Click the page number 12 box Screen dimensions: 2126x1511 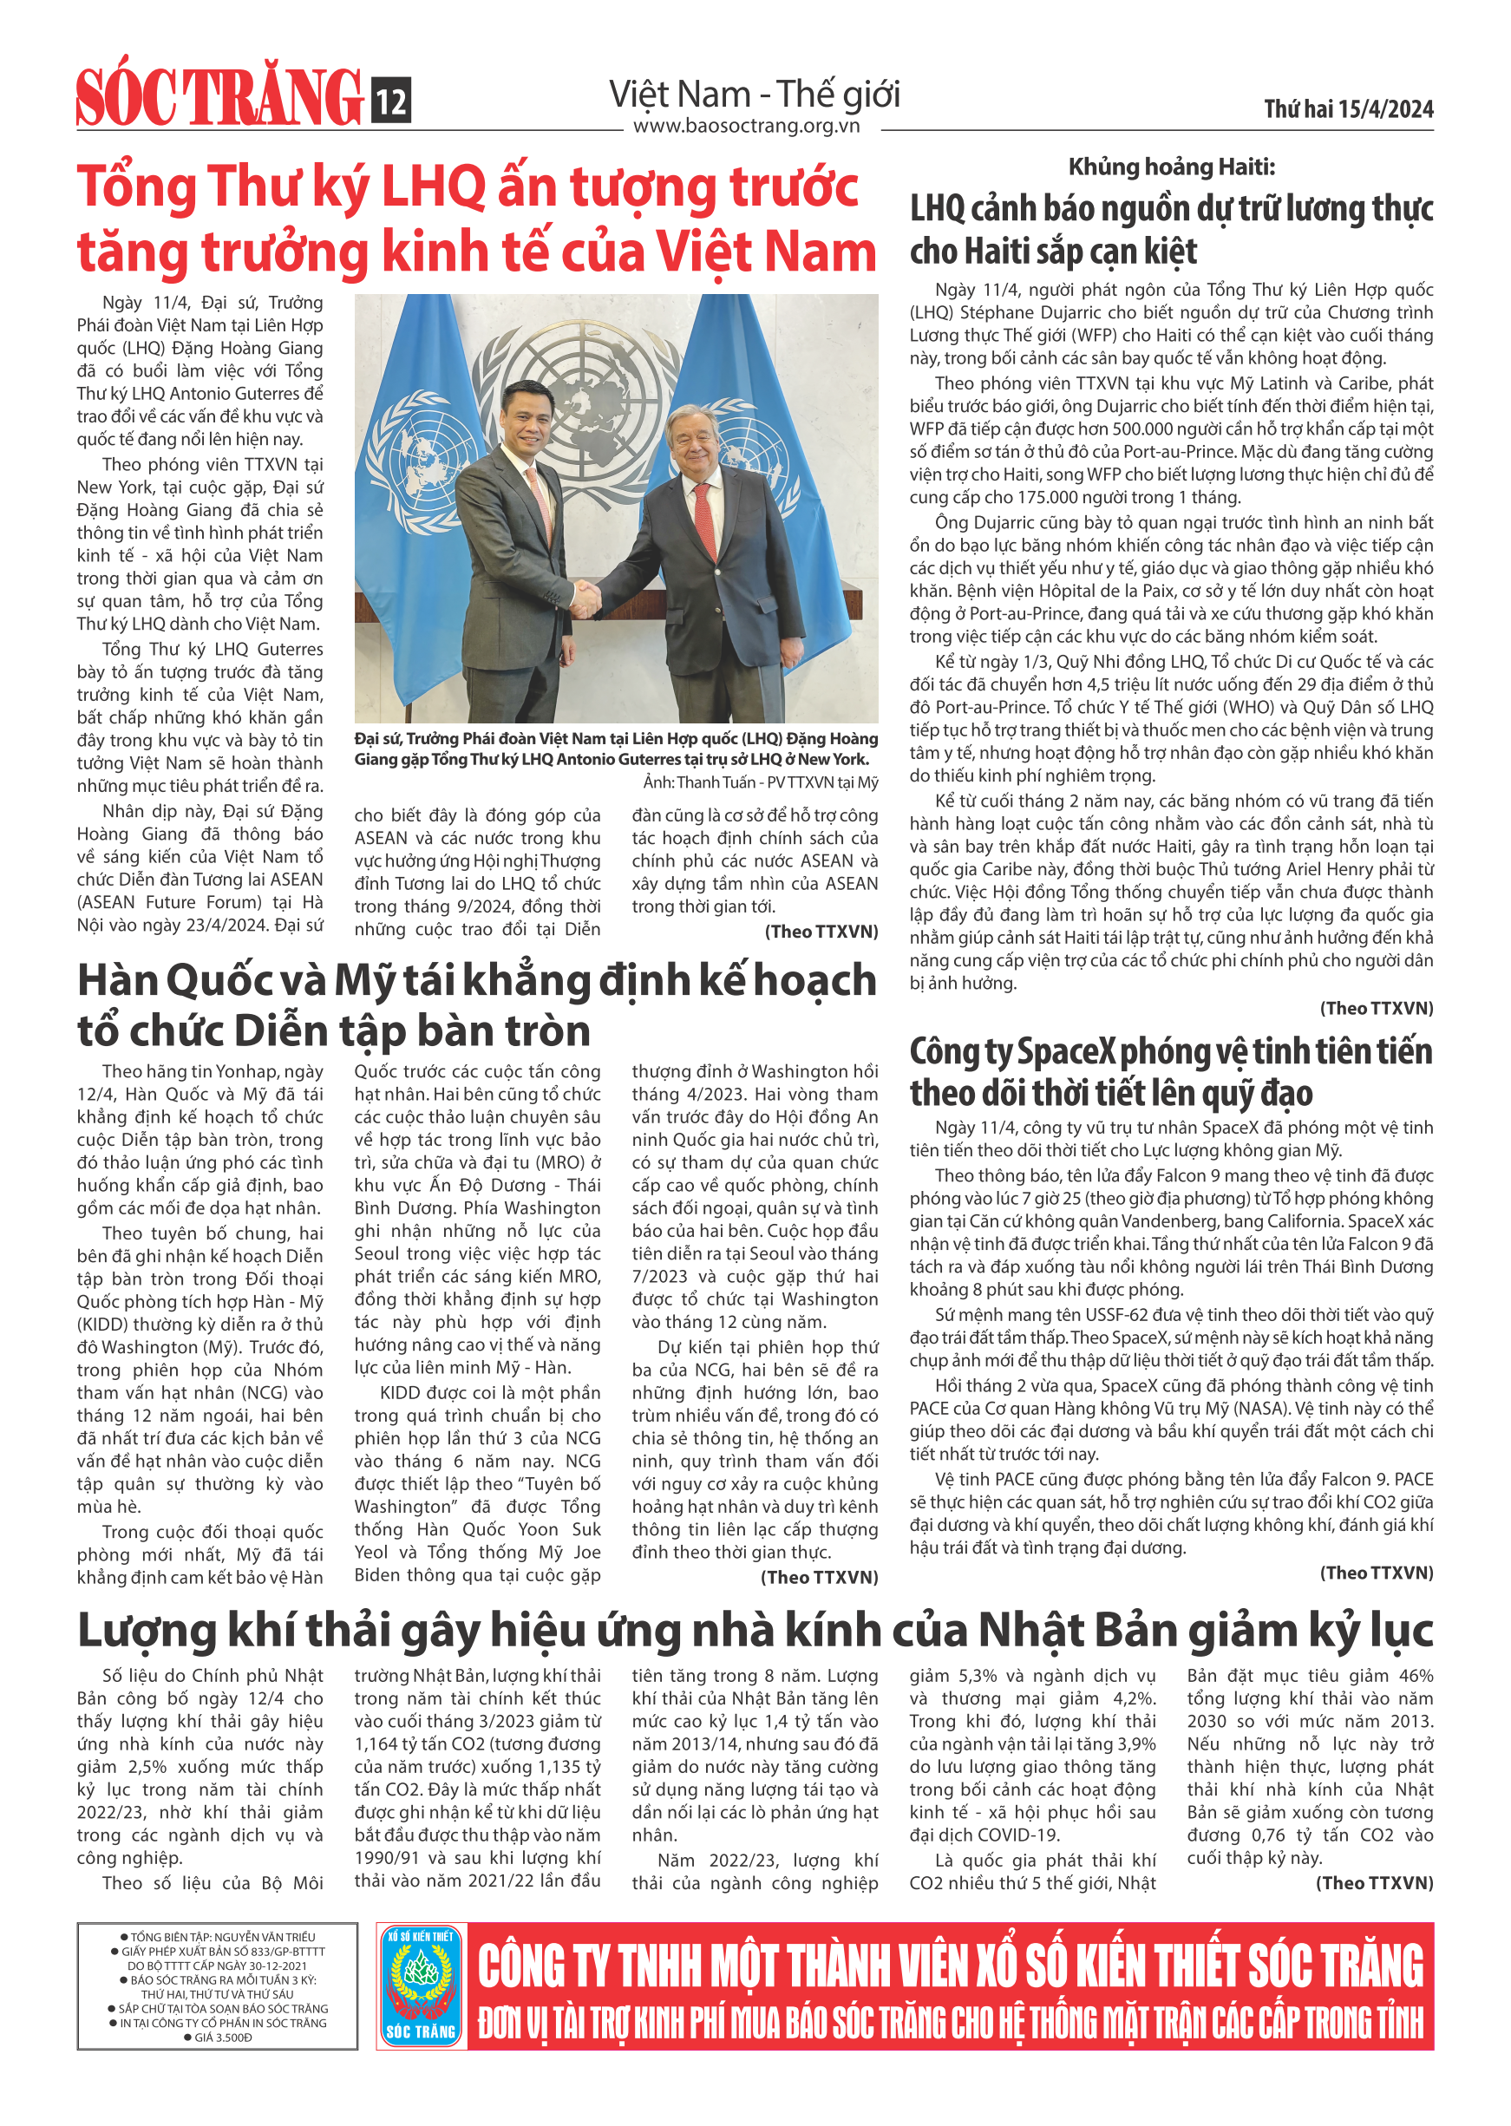point(391,101)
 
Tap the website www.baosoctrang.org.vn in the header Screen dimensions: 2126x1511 point(746,126)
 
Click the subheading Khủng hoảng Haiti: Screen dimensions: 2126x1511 point(1170,167)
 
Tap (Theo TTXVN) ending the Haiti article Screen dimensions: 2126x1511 point(1376,1009)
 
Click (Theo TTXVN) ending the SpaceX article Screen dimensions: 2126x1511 point(1376,1573)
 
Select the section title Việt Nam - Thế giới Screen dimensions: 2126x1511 point(754,95)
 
